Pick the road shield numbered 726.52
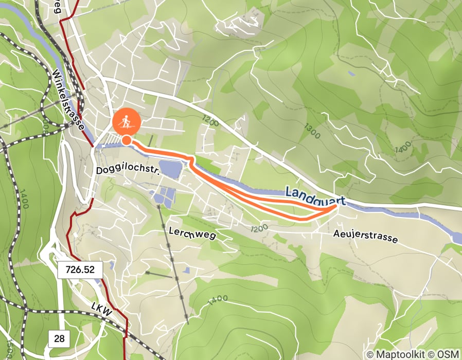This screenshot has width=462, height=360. pyautogui.click(x=80, y=269)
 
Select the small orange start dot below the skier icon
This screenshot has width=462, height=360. pyautogui.click(x=126, y=140)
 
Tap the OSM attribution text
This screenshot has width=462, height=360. pyautogui.click(x=446, y=354)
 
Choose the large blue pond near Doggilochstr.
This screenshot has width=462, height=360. pyautogui.click(x=170, y=168)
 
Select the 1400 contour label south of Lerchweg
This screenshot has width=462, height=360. pyautogui.click(x=218, y=298)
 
